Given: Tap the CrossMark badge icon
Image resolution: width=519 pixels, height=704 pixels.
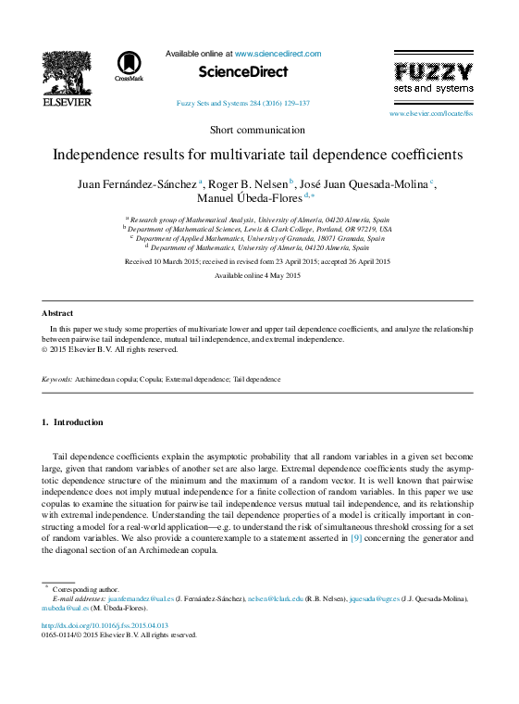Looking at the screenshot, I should coord(129,66).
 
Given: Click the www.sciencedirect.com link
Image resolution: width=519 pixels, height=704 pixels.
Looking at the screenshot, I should coord(278,54).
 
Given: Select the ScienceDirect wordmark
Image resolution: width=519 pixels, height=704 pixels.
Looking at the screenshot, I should coord(243,72).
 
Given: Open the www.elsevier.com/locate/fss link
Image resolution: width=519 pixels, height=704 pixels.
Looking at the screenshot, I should coord(430,113).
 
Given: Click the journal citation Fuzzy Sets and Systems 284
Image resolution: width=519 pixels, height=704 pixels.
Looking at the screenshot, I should coord(242,104).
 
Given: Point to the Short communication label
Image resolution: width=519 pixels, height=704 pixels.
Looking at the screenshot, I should coord(257,130).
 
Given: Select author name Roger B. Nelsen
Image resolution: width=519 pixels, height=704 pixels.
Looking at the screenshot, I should coord(248,183).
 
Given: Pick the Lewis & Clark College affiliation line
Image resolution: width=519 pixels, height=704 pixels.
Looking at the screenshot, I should coord(259,229).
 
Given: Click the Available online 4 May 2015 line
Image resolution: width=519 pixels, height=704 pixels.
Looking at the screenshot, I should coord(257,276).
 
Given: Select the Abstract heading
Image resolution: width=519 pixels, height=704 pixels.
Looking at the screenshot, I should coord(57,313).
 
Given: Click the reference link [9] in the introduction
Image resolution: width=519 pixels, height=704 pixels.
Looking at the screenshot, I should coord(355,536).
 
